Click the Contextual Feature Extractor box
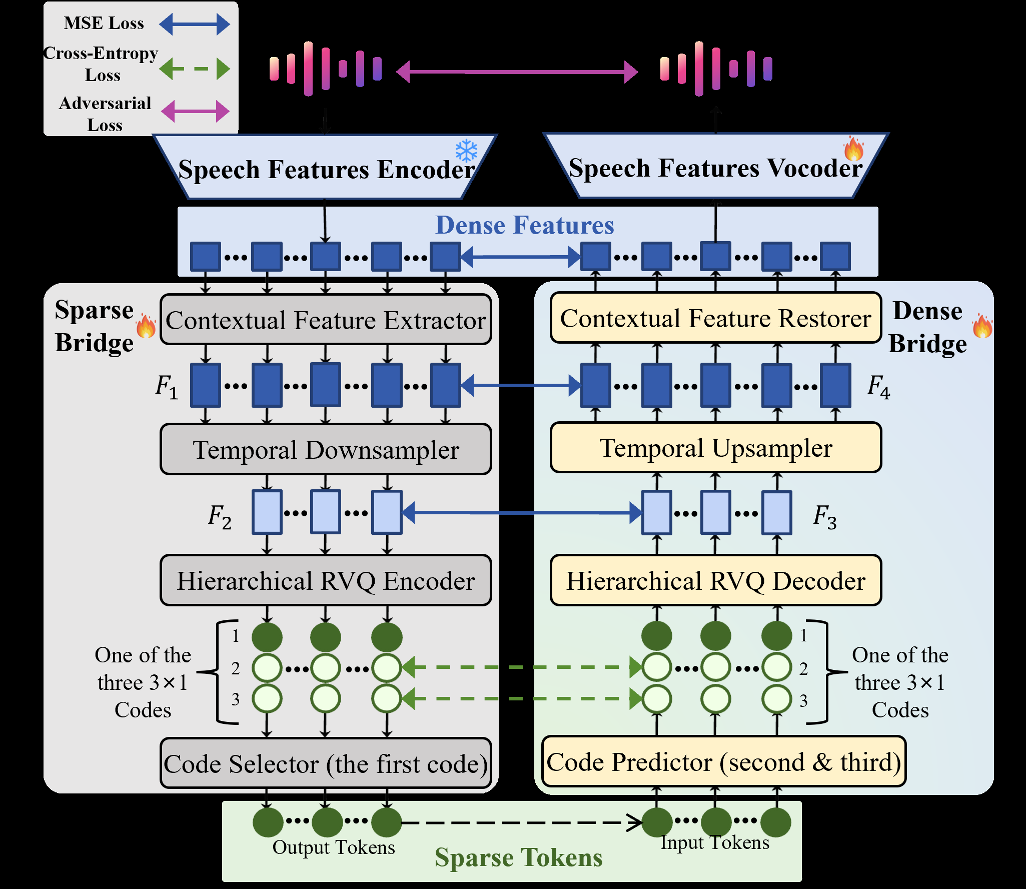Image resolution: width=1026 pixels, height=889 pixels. pyautogui.click(x=326, y=320)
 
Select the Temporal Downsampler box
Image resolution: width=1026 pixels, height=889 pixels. pyautogui.click(x=326, y=449)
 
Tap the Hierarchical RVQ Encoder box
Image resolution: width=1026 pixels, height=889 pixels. pyautogui.click(x=326, y=580)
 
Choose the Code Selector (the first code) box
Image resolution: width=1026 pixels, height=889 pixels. pyautogui.click(x=326, y=763)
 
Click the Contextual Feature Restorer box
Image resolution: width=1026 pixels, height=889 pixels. pyautogui.click(x=715, y=318)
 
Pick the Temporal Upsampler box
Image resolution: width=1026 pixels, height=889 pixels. pyautogui.click(x=715, y=448)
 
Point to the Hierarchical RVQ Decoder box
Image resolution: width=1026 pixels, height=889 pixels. pyautogui.click(x=715, y=580)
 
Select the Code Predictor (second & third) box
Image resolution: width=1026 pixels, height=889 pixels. pyautogui.click(x=723, y=761)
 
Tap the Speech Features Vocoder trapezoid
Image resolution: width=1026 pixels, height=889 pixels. pyautogui.click(x=715, y=167)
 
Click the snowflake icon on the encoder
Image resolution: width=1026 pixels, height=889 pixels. pyautogui.click(x=466, y=151)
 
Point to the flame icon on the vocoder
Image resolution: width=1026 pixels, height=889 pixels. pyautogui.click(x=853, y=149)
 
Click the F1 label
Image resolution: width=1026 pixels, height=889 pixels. pyautogui.click(x=167, y=386)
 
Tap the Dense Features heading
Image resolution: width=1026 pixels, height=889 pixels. pyautogui.click(x=524, y=225)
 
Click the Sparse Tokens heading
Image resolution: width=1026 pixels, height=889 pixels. pyautogui.click(x=518, y=857)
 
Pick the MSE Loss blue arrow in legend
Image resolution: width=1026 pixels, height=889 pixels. pyautogui.click(x=195, y=24)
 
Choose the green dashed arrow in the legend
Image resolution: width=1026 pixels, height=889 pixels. pyautogui.click(x=195, y=69)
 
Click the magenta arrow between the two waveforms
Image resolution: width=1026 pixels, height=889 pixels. pyautogui.click(x=517, y=72)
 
